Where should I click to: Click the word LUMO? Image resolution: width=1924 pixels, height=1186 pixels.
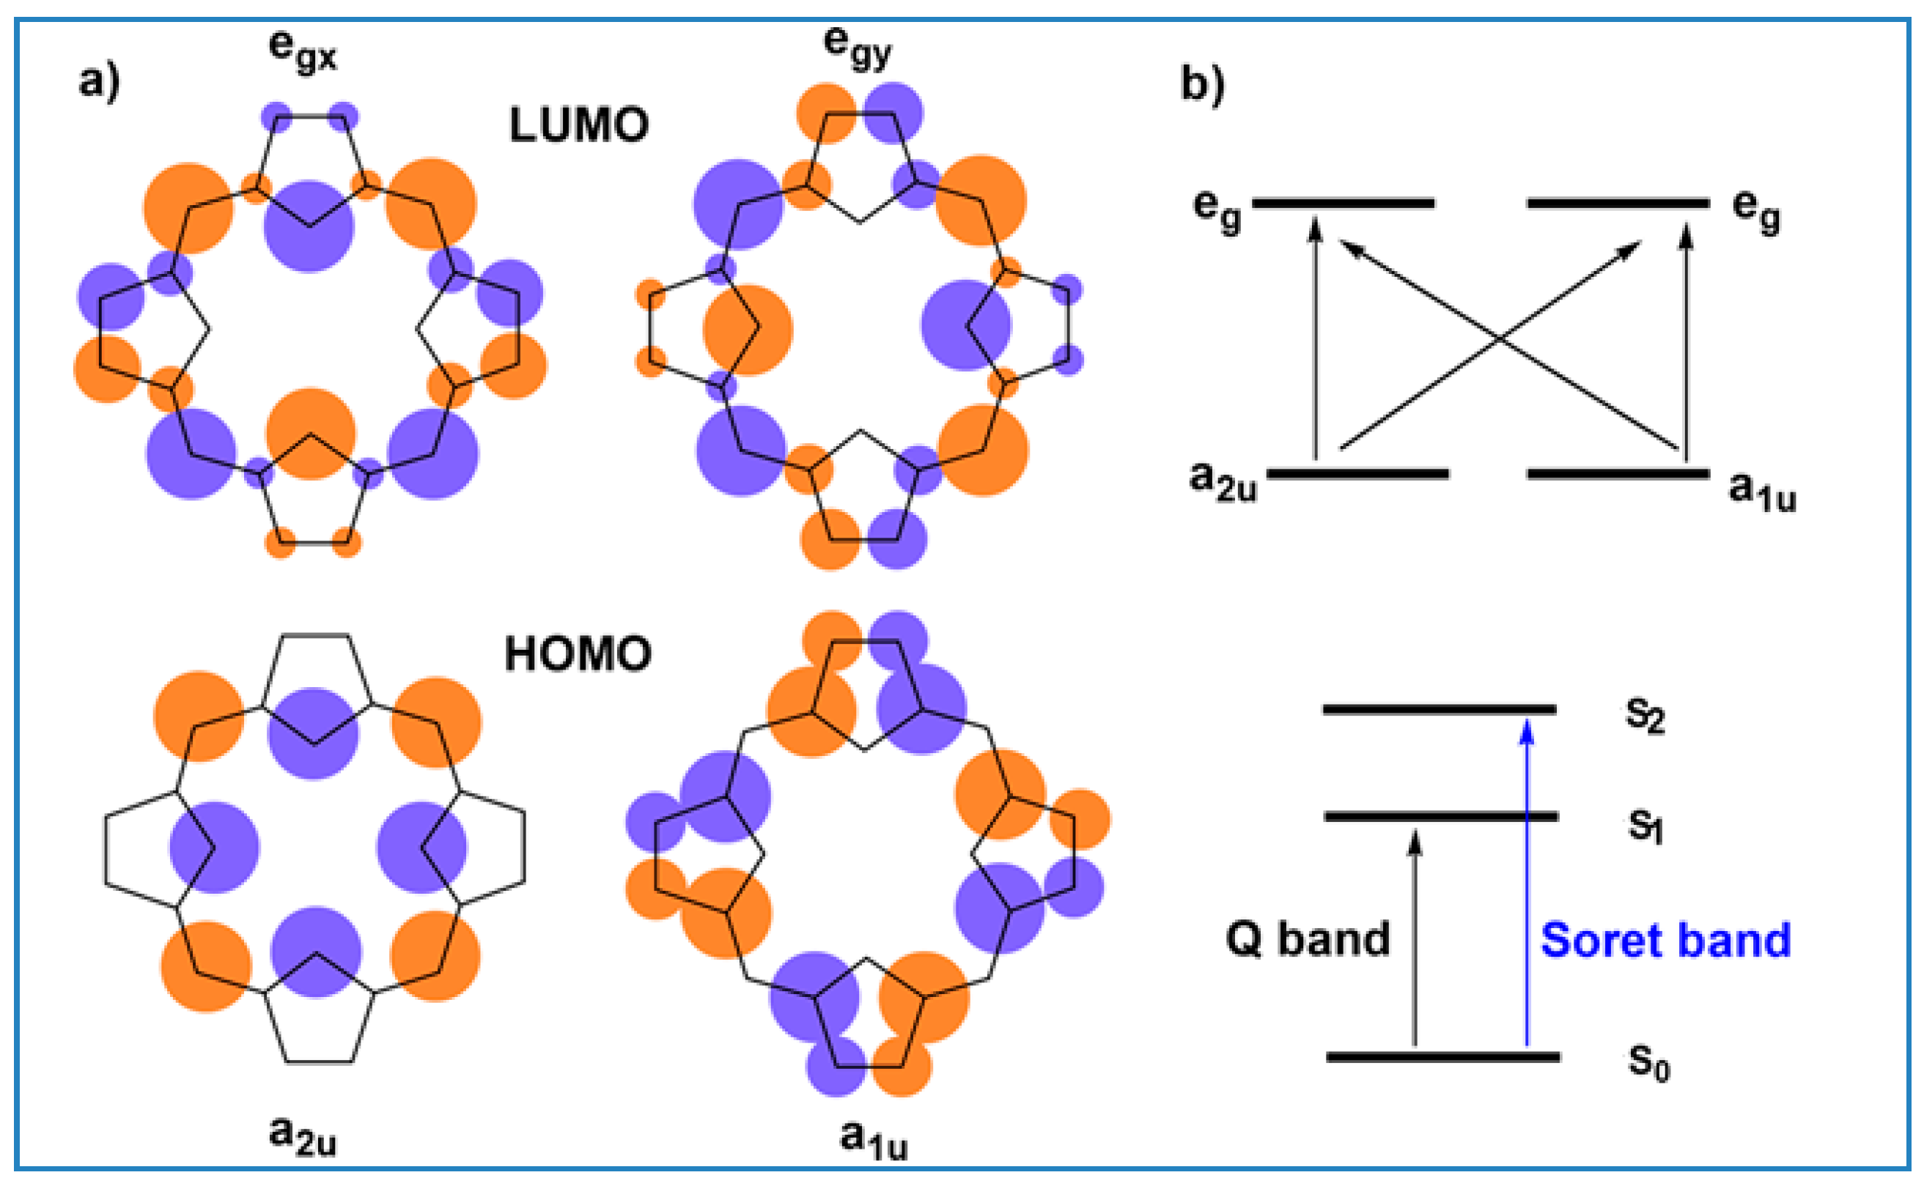[578, 125]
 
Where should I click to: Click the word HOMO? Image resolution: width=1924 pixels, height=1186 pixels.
[578, 654]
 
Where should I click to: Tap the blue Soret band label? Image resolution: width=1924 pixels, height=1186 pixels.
[1665, 941]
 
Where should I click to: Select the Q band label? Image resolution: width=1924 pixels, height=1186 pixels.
[1308, 939]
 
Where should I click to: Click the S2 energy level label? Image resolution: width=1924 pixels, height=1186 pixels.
[1644, 716]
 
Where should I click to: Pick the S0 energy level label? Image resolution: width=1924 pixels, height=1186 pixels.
[1648, 1063]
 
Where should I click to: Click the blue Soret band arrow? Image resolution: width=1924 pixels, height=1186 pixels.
[1526, 886]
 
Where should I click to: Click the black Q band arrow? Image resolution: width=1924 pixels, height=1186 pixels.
[1415, 941]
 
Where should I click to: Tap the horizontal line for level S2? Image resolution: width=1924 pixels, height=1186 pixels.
[1439, 710]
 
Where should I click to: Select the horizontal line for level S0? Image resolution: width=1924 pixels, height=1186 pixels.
[1442, 1057]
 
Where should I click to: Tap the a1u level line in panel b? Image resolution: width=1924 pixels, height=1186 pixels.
[1618, 474]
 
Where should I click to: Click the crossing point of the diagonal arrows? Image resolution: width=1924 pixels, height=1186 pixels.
[1500, 340]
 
